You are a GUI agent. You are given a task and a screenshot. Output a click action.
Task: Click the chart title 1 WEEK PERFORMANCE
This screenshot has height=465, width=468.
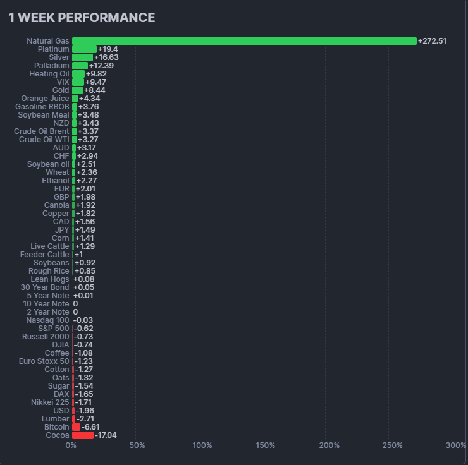[82, 18]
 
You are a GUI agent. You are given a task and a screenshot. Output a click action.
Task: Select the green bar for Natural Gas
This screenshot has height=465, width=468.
[244, 41]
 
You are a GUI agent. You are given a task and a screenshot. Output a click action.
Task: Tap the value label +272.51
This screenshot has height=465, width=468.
[432, 41]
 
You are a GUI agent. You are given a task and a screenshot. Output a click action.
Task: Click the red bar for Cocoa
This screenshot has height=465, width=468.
[82, 435]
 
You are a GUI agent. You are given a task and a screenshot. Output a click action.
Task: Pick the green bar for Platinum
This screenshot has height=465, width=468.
[84, 49]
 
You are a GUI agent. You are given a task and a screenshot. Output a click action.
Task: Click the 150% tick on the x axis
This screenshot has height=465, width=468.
[265, 445]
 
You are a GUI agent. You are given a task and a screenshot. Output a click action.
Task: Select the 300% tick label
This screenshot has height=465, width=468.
[455, 445]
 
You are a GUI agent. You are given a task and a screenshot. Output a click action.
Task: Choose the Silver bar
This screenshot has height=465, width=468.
[82, 57]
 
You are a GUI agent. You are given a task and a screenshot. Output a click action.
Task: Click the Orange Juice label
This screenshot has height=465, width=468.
[45, 99]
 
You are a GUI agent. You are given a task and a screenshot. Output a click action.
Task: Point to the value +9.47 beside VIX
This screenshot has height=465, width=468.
[95, 82]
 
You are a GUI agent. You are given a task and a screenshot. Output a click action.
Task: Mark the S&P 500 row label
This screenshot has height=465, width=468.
[54, 329]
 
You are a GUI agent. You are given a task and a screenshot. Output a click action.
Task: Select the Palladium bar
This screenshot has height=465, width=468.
[80, 66]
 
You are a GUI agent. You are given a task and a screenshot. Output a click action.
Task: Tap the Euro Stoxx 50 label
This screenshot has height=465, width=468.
[44, 361]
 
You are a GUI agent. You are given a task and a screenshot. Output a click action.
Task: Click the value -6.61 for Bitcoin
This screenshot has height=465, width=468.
[90, 427]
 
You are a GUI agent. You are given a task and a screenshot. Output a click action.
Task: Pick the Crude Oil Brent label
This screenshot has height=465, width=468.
[42, 131]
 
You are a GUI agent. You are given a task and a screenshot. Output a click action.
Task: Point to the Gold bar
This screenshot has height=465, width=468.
[77, 90]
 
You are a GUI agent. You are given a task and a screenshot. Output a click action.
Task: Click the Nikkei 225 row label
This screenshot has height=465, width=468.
[50, 402]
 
